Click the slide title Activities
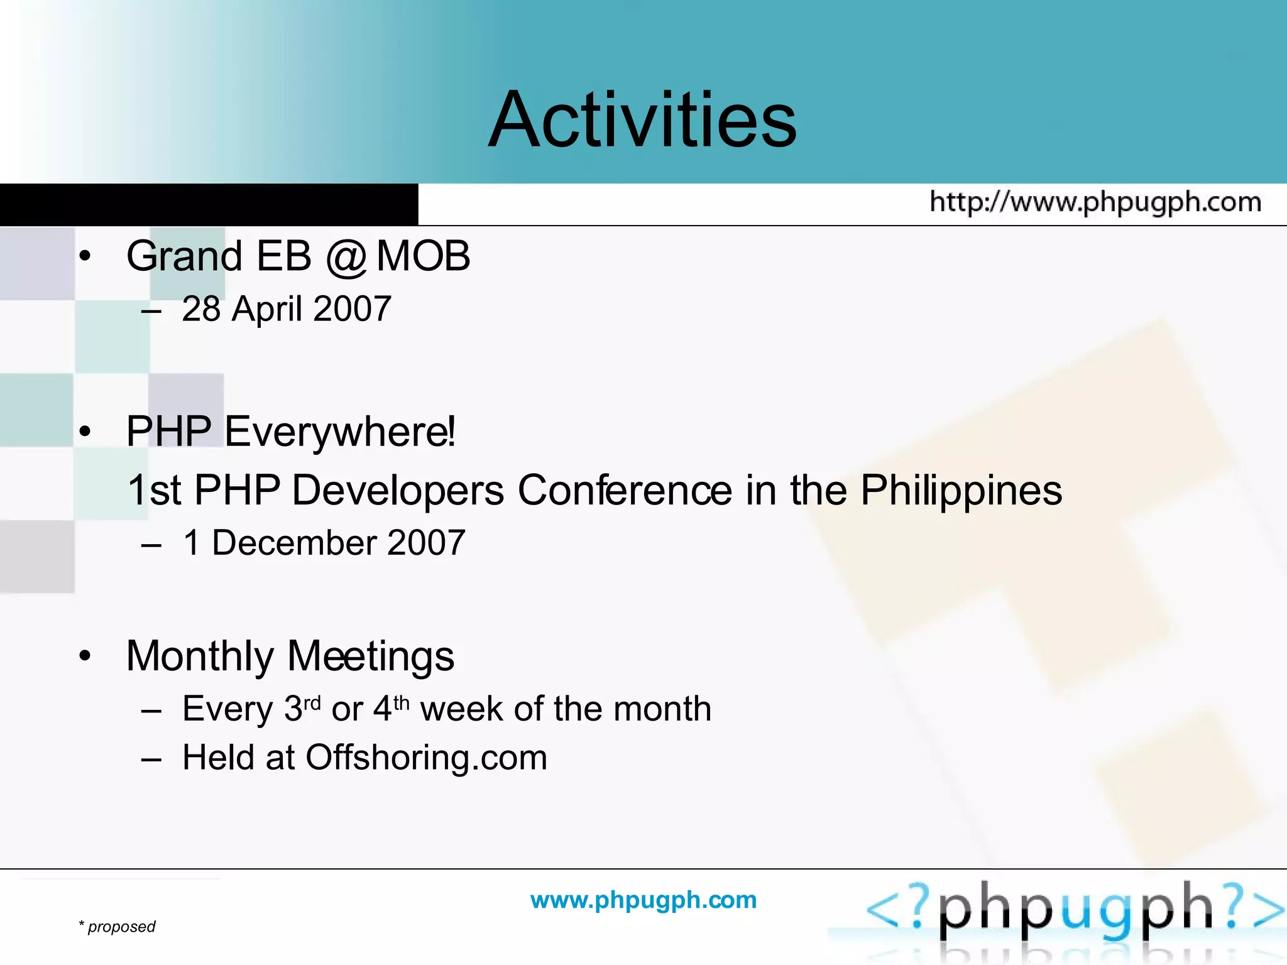click(x=642, y=119)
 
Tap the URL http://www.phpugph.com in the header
click(x=1095, y=202)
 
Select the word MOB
click(x=423, y=256)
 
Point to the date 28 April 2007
click(x=287, y=309)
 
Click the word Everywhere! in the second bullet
click(x=340, y=432)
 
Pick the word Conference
click(x=625, y=490)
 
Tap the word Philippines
click(x=961, y=490)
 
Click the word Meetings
click(x=371, y=657)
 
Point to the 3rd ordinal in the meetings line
click(x=302, y=708)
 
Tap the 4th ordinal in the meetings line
click(x=392, y=708)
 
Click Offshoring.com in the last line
click(x=426, y=758)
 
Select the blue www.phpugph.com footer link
click(x=643, y=900)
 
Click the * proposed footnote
click(x=118, y=927)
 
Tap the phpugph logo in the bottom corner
click(x=1075, y=911)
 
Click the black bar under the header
click(x=209, y=204)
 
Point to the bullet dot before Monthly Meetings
click(x=85, y=657)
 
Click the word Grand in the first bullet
click(x=184, y=256)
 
